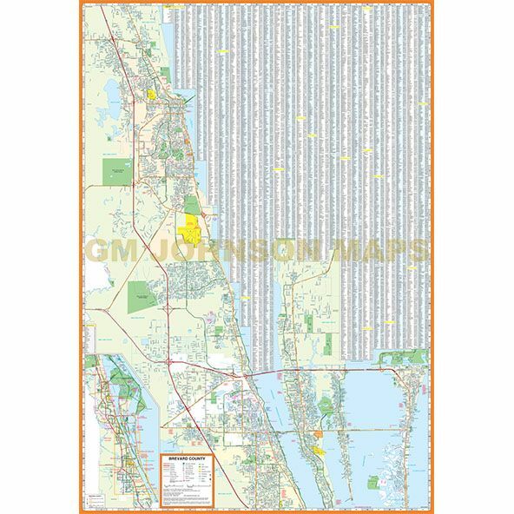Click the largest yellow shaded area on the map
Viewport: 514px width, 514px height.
pos(188,227)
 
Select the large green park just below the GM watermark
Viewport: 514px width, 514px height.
pos(140,295)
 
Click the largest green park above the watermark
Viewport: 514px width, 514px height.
pos(115,170)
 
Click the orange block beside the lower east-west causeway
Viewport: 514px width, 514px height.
pos(319,433)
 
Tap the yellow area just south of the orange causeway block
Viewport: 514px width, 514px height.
pos(318,451)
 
